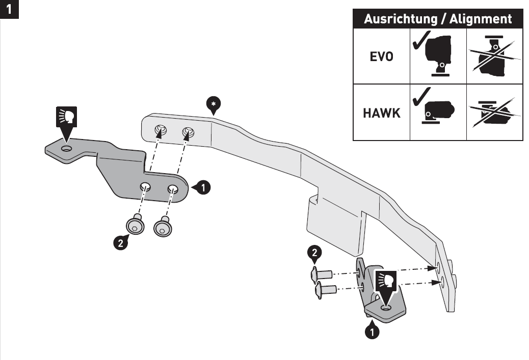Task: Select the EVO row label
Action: [381, 57]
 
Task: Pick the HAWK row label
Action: [381, 113]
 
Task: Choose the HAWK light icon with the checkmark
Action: [438, 112]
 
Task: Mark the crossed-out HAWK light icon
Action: [495, 112]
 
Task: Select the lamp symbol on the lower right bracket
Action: [387, 281]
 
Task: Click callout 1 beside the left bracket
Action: [203, 187]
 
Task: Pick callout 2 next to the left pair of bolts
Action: [120, 242]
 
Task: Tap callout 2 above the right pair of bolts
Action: [316, 253]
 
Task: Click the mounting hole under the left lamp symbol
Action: [67, 148]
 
